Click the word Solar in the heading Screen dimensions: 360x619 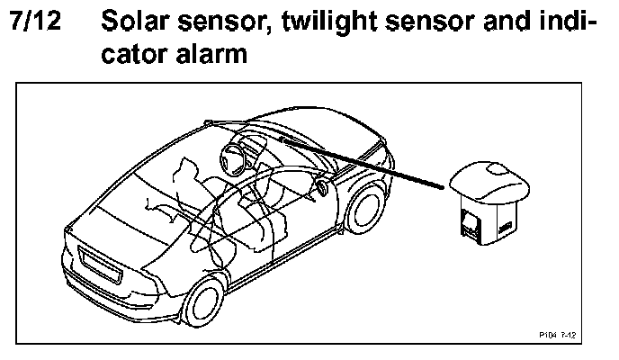pos(143,22)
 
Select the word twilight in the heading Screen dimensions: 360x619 pos(337,22)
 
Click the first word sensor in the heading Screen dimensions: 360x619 pos(228,22)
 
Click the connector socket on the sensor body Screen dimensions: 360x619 pos(471,222)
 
